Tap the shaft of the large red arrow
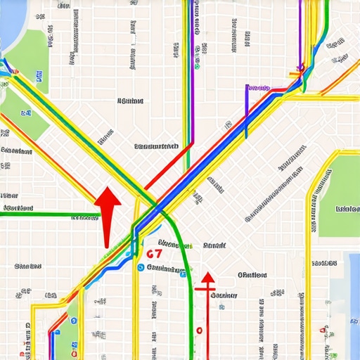click(x=106, y=229)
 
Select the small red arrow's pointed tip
click(x=208, y=275)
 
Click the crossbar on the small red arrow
click(x=205, y=288)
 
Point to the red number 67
click(x=155, y=253)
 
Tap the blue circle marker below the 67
click(x=141, y=268)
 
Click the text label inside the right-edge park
click(x=348, y=209)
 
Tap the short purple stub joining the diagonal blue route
click(x=247, y=105)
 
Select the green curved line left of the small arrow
click(x=184, y=274)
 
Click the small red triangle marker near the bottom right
click(x=323, y=329)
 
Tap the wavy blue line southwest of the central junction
click(x=105, y=270)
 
